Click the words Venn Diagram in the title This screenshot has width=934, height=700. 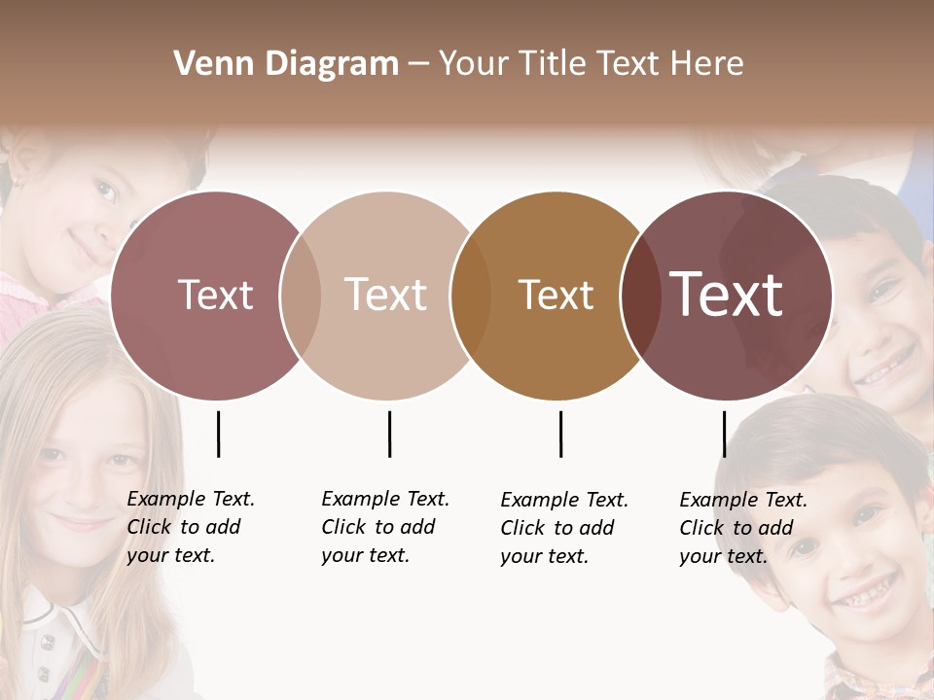286,64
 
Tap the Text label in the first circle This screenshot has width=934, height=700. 215,295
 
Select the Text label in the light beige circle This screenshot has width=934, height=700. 386,295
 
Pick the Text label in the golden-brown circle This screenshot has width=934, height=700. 556,295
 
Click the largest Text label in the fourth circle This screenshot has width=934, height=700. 727,295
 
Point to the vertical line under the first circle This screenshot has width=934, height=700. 218,434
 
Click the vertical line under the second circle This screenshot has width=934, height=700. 389,434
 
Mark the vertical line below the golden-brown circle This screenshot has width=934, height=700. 560,434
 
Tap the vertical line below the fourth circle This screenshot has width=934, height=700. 724,434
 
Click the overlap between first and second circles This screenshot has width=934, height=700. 301,296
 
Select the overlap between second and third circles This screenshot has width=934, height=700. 471,296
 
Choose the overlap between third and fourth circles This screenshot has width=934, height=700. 640,296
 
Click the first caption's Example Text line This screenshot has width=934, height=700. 191,499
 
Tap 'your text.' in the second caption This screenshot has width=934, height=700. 365,555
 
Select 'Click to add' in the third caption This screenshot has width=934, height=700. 557,528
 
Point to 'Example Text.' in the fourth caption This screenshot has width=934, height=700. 743,500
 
